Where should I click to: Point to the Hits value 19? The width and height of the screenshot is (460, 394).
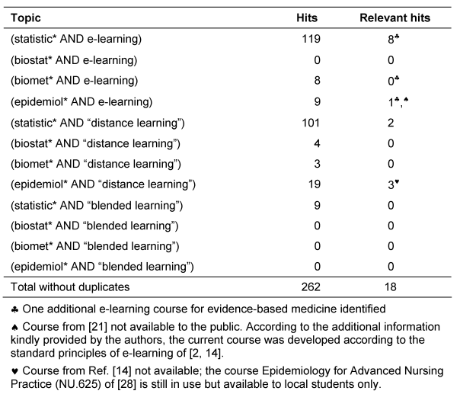309,184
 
